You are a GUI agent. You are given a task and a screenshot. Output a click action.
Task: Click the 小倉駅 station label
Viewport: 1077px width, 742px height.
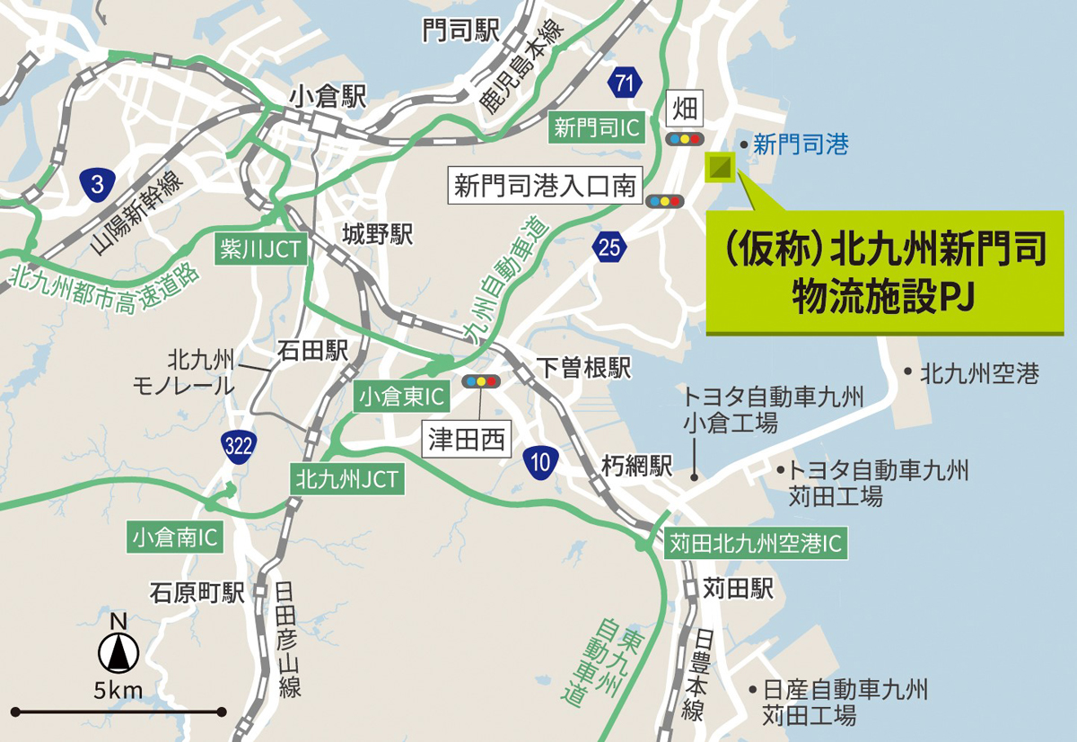tap(328, 97)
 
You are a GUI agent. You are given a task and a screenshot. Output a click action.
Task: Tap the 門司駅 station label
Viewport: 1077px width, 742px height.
tap(460, 32)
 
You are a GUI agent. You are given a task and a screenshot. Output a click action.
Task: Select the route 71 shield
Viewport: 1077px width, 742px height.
tap(625, 85)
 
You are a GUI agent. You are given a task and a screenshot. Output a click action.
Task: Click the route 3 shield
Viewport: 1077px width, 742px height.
tap(96, 185)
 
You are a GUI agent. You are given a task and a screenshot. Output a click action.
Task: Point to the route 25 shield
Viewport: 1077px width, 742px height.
tap(610, 248)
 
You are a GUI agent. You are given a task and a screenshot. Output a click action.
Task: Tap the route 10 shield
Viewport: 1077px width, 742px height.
tap(540, 462)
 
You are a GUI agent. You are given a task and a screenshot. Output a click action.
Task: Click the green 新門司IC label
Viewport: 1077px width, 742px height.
tap(597, 128)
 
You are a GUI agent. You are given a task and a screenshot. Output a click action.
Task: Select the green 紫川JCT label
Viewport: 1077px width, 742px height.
tap(258, 249)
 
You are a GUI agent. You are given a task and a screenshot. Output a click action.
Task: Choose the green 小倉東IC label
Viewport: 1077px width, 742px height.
tap(401, 395)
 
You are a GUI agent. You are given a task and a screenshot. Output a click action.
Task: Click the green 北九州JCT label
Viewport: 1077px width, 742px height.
tap(346, 478)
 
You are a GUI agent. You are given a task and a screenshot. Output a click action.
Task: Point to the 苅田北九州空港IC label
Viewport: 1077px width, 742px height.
tap(756, 543)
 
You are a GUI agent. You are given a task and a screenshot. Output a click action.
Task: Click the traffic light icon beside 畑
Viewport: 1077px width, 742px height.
tap(685, 139)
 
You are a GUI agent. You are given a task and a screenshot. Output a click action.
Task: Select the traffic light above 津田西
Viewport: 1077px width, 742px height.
tap(480, 381)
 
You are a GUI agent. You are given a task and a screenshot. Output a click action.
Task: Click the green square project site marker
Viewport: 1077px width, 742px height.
tap(720, 167)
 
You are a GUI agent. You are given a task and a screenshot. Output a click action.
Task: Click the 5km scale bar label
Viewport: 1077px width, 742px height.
tap(118, 691)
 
